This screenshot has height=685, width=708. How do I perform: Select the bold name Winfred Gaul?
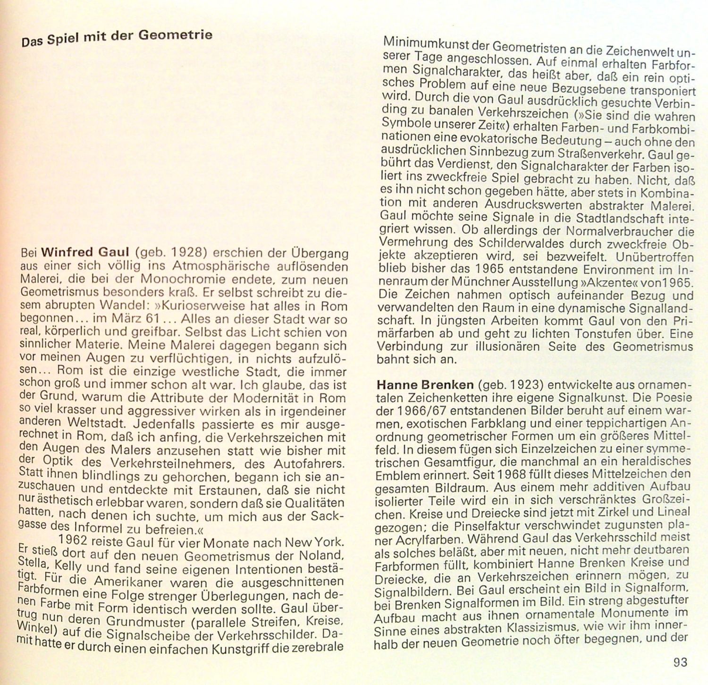click(85, 253)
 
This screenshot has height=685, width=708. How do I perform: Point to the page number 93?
click(680, 663)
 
